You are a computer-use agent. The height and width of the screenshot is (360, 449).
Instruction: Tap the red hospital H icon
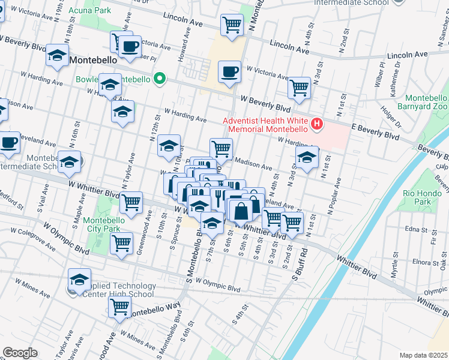(x=316, y=125)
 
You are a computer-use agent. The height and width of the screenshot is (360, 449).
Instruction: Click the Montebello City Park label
(x=103, y=224)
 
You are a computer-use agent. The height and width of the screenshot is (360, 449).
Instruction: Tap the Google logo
(x=20, y=353)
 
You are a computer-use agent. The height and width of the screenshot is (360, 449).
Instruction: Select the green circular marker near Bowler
(x=160, y=79)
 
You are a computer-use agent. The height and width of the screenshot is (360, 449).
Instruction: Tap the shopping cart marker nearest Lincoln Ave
(x=232, y=25)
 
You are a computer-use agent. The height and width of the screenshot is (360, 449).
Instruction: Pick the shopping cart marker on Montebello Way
(x=120, y=307)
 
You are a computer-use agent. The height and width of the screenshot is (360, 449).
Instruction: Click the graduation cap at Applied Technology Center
(x=79, y=280)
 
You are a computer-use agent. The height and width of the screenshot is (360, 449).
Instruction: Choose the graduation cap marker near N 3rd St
(x=307, y=158)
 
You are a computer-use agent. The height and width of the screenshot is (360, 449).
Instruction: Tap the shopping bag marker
(x=241, y=211)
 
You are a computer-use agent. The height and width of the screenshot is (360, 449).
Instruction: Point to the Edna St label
(x=415, y=229)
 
